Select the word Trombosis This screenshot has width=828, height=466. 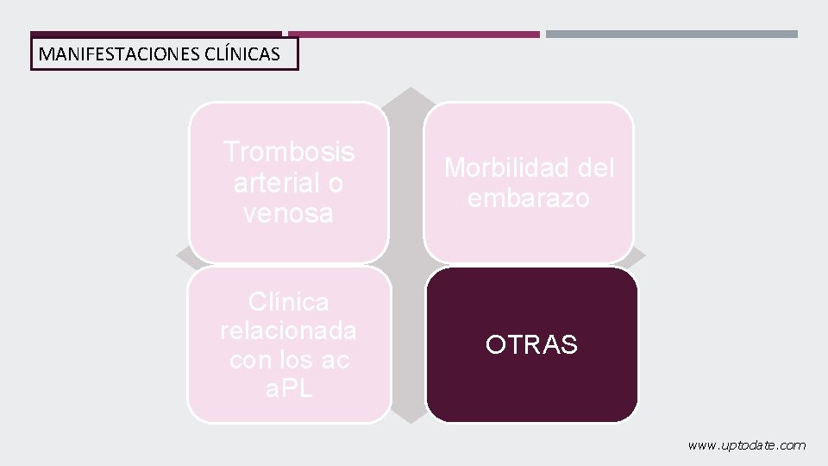(289, 152)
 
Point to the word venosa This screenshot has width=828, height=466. (289, 213)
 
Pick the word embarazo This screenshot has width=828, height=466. (529, 198)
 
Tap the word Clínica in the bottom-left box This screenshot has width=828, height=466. (289, 302)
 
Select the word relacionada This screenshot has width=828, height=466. (289, 331)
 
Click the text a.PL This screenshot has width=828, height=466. (289, 388)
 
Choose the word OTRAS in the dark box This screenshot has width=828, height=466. (531, 345)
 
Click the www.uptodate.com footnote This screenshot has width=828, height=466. (747, 445)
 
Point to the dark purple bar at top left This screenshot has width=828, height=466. (155, 35)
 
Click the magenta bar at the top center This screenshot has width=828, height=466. (414, 35)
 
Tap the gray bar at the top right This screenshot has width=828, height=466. (672, 35)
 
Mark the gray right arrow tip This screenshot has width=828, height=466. (640, 256)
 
